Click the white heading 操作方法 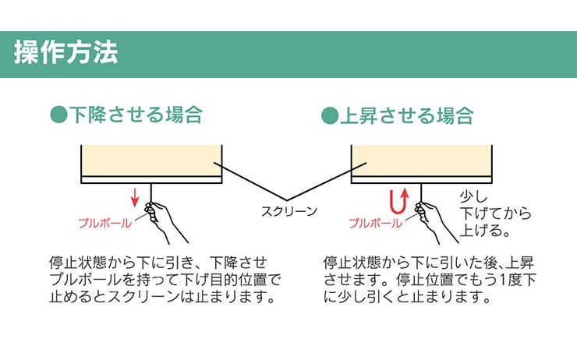pos(65,52)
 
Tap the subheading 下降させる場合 pos(136,115)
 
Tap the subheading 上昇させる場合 pos(406,115)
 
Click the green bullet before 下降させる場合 pos(58,115)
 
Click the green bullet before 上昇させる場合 pos(330,116)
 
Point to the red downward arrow pos(135,196)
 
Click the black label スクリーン pos(288,211)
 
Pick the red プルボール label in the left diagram pos(105,223)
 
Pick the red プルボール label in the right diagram pos(375,223)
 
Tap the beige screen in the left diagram pos(151,161)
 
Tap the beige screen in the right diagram pos(422,161)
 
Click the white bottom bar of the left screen pos(151,179)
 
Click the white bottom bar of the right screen pos(422,179)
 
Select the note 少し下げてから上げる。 pos(495,214)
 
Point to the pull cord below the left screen pos(150,192)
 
